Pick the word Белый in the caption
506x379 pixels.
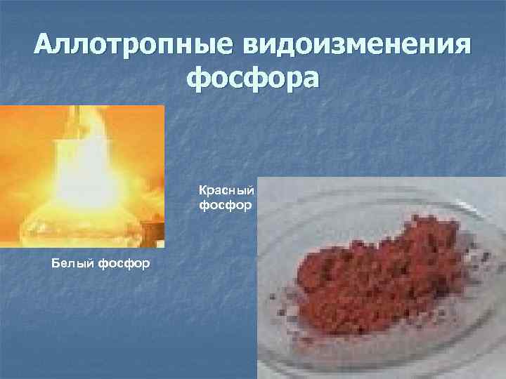tap(68, 264)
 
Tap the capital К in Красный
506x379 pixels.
tap(202, 191)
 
